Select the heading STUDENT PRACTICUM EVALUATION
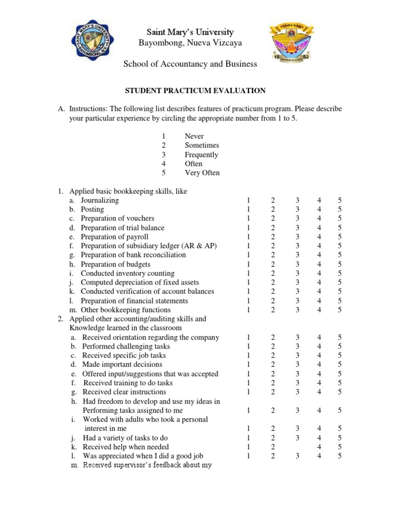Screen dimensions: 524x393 click(195, 91)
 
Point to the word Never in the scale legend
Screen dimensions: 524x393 click(194, 136)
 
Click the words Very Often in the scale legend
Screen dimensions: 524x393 click(202, 173)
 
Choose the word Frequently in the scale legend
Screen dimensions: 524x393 click(201, 155)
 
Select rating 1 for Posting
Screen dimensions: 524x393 click(248, 209)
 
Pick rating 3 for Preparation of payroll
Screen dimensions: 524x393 click(296, 237)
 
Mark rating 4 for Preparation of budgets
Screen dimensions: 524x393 click(319, 264)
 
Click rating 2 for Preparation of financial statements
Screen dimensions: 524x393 click(273, 301)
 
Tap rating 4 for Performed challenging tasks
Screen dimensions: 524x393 click(319, 346)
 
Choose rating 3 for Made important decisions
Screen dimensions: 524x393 click(296, 364)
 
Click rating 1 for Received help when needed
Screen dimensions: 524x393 click(248, 447)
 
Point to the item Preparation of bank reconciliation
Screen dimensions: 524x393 click(133, 255)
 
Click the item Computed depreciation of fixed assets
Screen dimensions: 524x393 click(140, 282)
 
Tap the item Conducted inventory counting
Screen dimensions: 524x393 click(127, 273)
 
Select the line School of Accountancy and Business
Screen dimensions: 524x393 click(190, 64)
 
